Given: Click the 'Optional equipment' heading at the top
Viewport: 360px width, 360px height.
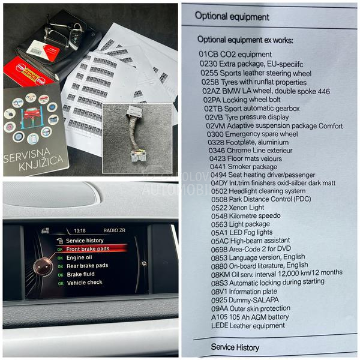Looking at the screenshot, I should [x=232, y=17].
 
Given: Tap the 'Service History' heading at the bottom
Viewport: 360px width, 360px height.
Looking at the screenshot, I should [x=235, y=347].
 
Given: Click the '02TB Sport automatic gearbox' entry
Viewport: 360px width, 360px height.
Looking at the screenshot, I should [x=251, y=109].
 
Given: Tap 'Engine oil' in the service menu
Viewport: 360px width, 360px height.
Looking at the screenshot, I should [x=79, y=257].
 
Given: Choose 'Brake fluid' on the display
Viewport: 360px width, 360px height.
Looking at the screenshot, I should [x=80, y=274].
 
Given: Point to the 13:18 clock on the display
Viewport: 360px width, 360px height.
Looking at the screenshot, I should [x=80, y=230].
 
